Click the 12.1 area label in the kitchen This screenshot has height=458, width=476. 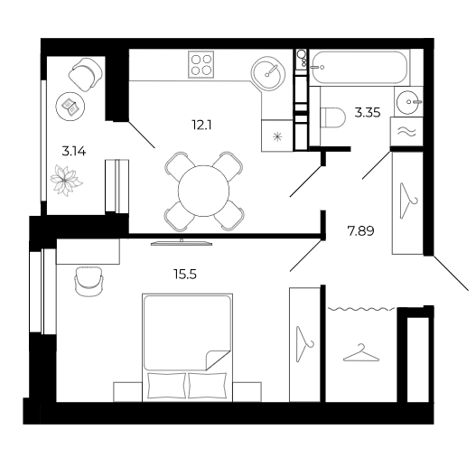point(201,125)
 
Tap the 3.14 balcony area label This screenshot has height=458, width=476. point(74,151)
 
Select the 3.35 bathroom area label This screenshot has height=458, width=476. point(368,113)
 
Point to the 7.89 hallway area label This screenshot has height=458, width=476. point(360,231)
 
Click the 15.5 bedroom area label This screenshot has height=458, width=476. point(185,275)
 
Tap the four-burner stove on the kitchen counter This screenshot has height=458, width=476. point(201,64)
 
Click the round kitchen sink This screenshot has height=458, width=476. point(268,73)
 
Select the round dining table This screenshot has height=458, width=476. point(204,191)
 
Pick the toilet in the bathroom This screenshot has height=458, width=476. point(333,117)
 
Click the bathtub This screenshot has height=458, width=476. point(359,67)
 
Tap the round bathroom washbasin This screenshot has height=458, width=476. point(408,102)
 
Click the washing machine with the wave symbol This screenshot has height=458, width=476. point(406,132)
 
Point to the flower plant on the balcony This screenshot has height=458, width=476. point(66,181)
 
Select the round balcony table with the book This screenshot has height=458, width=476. point(70,107)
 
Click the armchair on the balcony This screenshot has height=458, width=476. point(85,74)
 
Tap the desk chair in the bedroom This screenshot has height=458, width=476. point(89,281)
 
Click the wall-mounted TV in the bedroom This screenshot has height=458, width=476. point(182,242)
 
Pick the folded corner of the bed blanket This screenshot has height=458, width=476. point(216,360)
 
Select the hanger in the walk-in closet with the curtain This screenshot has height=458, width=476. point(361,353)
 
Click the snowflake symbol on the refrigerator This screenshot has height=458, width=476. point(277,137)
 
